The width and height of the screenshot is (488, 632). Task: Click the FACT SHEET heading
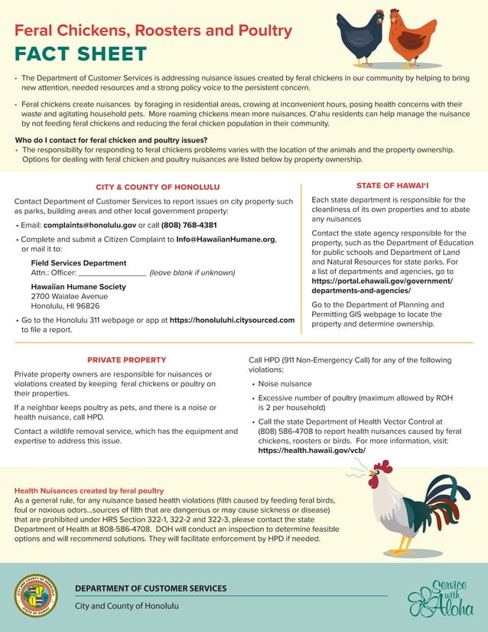(80, 54)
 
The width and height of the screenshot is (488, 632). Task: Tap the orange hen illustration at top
(411, 38)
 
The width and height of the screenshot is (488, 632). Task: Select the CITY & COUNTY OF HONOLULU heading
(158, 187)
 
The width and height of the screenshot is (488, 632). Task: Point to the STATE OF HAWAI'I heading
(392, 186)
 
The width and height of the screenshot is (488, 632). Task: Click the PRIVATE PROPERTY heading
(126, 360)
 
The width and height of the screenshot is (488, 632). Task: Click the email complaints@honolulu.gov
(89, 226)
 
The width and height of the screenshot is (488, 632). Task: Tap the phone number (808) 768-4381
(189, 226)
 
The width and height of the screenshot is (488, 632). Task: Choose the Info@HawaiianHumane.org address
(226, 239)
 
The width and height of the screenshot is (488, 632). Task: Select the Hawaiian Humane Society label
(78, 287)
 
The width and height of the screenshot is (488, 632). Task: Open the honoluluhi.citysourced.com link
(232, 320)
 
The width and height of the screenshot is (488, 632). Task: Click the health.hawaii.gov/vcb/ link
(311, 451)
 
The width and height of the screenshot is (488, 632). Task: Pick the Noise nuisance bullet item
(285, 384)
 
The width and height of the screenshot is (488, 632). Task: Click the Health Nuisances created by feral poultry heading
(89, 490)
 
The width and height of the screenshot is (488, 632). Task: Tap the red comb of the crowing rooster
(382, 466)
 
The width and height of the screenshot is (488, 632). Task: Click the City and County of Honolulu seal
(36, 595)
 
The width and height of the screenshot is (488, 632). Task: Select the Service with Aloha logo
(441, 598)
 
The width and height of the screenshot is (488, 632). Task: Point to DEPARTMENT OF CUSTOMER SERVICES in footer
(151, 588)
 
